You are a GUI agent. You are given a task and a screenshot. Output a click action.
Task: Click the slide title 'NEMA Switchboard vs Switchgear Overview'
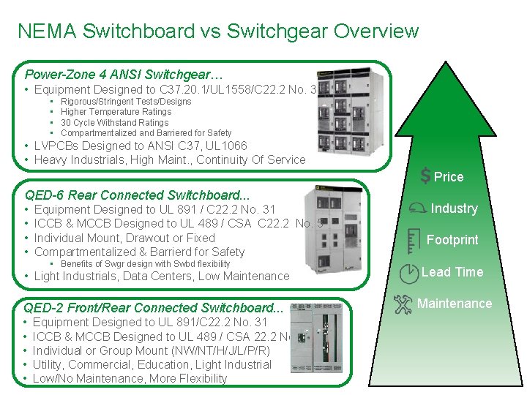[x=218, y=31]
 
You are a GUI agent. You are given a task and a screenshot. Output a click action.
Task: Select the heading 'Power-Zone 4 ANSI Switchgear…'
[x=124, y=75]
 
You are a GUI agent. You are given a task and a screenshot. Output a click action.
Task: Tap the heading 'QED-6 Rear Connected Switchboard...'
[x=137, y=195]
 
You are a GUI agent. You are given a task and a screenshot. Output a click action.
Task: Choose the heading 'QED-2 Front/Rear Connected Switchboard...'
[x=154, y=308]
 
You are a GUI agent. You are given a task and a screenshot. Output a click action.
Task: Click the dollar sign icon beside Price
[x=425, y=176]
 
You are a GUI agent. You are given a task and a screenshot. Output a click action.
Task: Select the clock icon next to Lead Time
[x=409, y=273]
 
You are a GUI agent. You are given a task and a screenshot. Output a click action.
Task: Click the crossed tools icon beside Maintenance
[x=403, y=304]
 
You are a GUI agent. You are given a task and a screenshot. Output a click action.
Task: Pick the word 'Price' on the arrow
[x=449, y=177]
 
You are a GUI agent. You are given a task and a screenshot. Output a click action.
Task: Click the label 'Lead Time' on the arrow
[x=452, y=272]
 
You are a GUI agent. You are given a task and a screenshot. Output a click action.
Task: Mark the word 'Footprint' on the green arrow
[x=452, y=240]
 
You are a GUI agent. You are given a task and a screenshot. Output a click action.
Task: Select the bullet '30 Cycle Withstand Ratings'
[x=114, y=123]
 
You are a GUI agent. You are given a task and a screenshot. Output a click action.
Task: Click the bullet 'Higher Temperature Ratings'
[x=116, y=112]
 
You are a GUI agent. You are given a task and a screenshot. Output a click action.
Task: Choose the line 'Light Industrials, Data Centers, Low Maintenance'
[x=162, y=276]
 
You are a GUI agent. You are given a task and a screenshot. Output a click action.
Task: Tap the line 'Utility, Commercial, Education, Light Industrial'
[x=152, y=364]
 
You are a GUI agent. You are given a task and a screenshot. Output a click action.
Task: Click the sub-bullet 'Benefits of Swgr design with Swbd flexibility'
[x=145, y=264]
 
